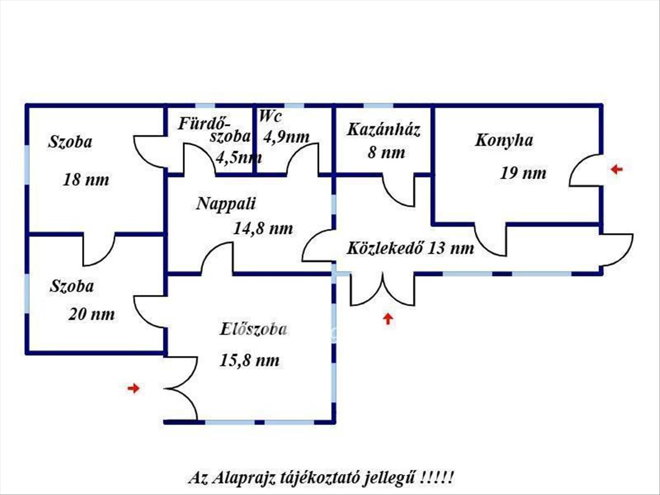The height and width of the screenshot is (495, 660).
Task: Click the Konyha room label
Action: [x=504, y=140]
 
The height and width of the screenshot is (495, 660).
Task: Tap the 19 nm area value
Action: [x=523, y=173]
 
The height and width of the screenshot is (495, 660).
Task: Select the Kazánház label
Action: [x=383, y=130]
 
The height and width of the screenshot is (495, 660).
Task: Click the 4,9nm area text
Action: [x=286, y=136]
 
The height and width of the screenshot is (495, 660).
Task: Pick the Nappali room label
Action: [x=226, y=204]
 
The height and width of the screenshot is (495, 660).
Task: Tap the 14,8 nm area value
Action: [x=263, y=228]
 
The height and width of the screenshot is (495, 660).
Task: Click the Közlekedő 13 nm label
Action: [x=410, y=248]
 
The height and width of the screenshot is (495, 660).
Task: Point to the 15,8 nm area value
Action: [x=249, y=361]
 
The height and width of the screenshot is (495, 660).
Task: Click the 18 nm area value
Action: [x=86, y=179]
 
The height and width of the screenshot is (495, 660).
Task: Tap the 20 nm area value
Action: [x=91, y=314]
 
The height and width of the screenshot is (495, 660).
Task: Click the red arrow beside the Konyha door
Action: [x=617, y=169]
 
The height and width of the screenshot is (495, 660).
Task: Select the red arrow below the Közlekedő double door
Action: [x=388, y=318]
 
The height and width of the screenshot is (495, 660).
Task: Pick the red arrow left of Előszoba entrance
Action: [x=133, y=388]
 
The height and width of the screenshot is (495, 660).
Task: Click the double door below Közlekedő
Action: [x=382, y=290]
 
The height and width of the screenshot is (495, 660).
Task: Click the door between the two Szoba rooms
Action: [x=99, y=249]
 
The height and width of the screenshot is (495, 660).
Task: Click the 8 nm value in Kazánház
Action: [x=386, y=152]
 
